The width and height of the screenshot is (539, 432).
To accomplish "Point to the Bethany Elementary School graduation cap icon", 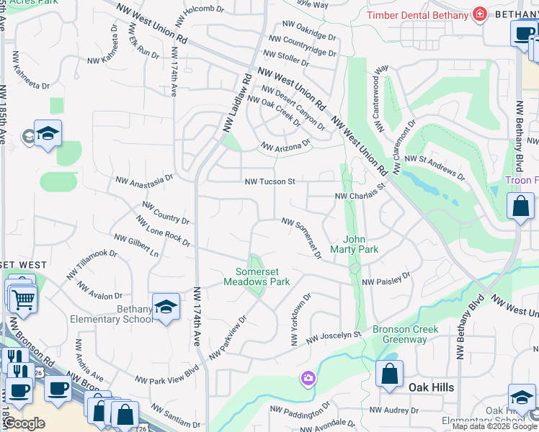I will click(x=166, y=307).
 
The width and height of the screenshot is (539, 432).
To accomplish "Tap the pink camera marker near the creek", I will click(x=308, y=379).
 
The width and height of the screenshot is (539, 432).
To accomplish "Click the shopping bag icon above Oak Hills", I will click(x=389, y=374).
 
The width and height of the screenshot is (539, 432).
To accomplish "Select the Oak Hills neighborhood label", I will click(x=431, y=387).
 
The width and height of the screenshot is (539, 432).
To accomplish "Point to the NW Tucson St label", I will click(x=270, y=182).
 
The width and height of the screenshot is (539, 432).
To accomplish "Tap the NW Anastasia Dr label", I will click(x=145, y=177).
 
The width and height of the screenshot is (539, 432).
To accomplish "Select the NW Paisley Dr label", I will click(x=386, y=279).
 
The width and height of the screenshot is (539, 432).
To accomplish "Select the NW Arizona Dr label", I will click(x=285, y=145).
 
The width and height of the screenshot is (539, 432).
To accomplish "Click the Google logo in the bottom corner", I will click(x=24, y=423).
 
